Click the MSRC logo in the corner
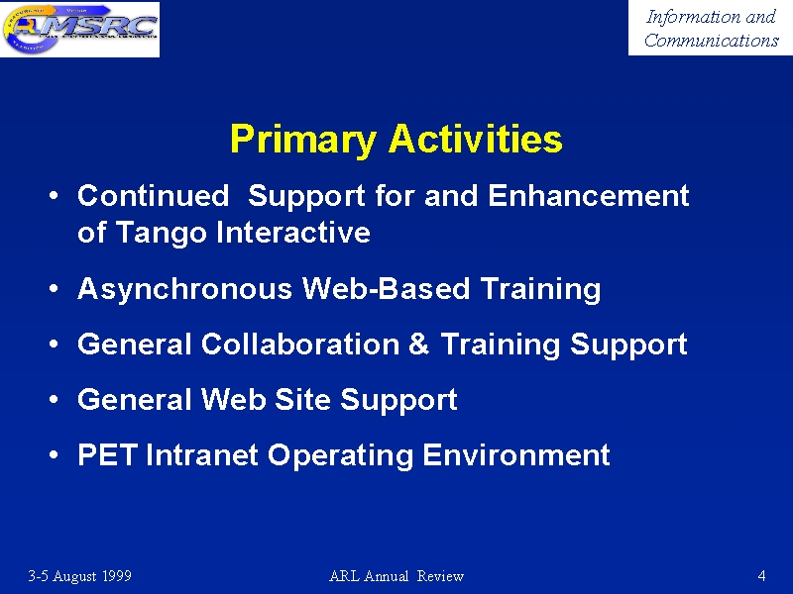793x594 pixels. pyautogui.click(x=80, y=29)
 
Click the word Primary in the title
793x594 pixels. pyautogui.click(x=303, y=140)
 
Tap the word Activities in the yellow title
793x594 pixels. pyautogui.click(x=476, y=139)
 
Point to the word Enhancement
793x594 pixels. pyautogui.click(x=589, y=195)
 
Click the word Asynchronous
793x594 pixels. pyautogui.click(x=184, y=289)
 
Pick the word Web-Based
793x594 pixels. pyautogui.click(x=386, y=288)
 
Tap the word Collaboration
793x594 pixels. pyautogui.click(x=300, y=344)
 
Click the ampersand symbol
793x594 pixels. pyautogui.click(x=418, y=344)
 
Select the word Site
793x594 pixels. pyautogui.click(x=302, y=400)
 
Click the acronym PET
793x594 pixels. pyautogui.click(x=107, y=454)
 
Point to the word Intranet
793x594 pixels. pyautogui.click(x=202, y=454)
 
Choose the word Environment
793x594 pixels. pyautogui.click(x=515, y=454)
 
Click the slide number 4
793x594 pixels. pyautogui.click(x=761, y=575)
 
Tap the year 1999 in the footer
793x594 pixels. pyautogui.click(x=117, y=576)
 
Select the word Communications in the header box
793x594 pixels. pyautogui.click(x=711, y=40)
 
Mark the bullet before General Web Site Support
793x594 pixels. pyautogui.click(x=54, y=400)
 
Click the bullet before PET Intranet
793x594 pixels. pyautogui.click(x=54, y=455)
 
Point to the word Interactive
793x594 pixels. pyautogui.click(x=293, y=233)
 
